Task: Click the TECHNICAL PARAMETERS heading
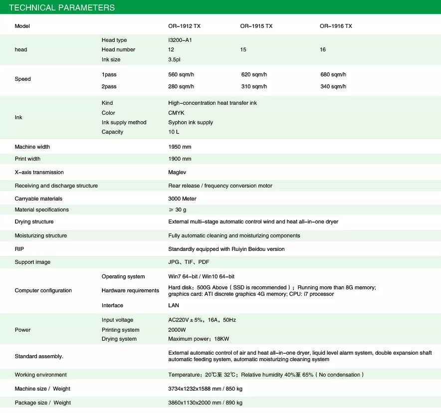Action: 62,7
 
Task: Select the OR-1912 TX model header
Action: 184,26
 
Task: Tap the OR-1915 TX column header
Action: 256,26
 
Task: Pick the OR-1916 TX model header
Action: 336,26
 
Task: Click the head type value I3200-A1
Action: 180,40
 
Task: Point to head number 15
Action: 243,50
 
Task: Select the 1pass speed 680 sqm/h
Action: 333,74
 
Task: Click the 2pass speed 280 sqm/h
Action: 181,86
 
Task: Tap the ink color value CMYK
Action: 176,113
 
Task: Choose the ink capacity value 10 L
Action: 174,132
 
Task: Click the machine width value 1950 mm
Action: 180,147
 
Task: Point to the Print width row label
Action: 27,159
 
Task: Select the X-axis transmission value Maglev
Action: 178,172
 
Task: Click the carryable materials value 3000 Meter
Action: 182,199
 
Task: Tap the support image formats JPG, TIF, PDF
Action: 189,262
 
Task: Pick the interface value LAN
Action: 174,305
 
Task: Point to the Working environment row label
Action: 40,375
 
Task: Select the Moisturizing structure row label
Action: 40,235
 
